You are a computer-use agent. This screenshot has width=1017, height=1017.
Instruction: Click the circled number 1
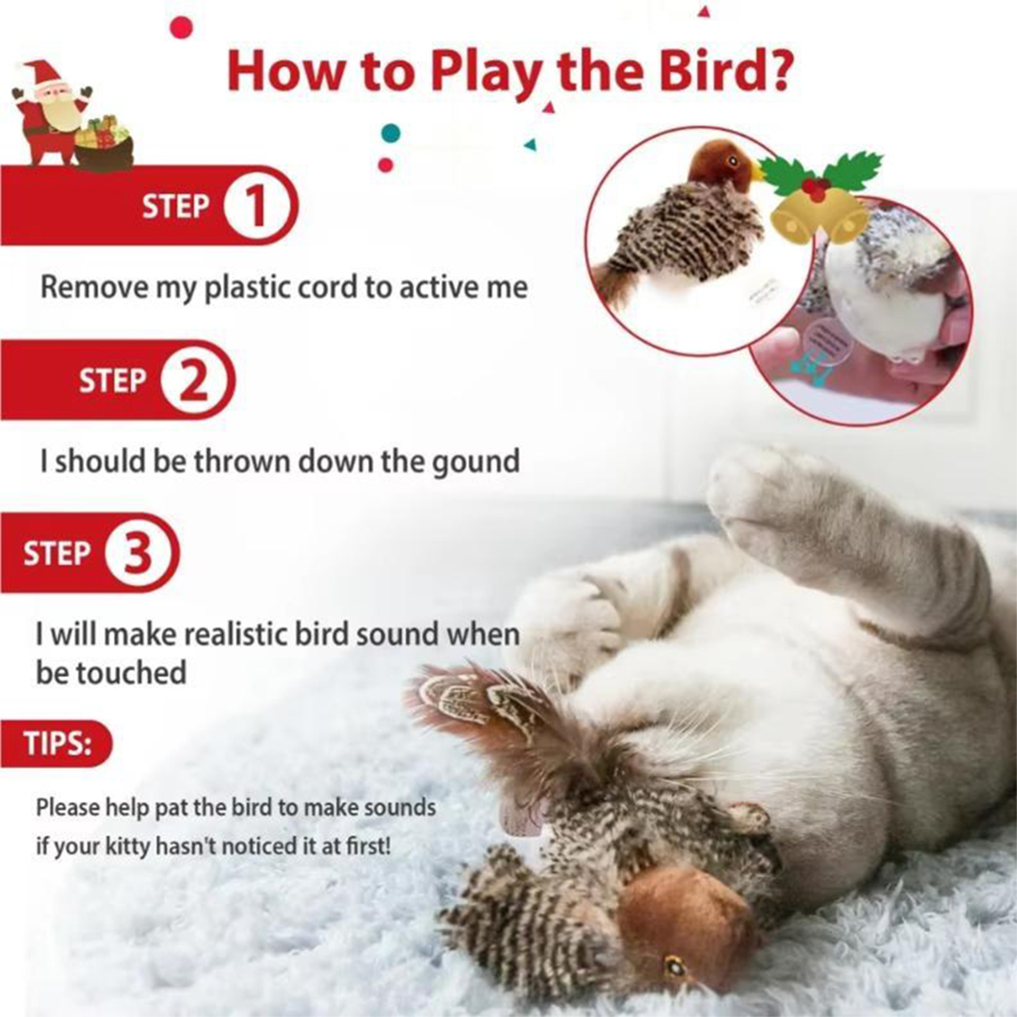click(258, 206)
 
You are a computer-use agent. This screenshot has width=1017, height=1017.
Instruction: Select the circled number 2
click(194, 380)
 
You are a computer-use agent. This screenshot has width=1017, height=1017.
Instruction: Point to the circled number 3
click(139, 553)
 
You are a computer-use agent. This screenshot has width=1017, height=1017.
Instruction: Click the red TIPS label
click(57, 743)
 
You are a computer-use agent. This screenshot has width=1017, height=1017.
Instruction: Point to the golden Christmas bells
click(820, 217)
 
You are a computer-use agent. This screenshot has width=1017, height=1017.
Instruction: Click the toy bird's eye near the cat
click(674, 968)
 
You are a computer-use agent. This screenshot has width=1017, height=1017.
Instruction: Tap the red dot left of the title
click(182, 28)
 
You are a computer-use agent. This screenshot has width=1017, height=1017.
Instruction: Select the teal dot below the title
click(390, 134)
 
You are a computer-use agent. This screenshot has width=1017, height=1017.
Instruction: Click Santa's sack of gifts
click(104, 144)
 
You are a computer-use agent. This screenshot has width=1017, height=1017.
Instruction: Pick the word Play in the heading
click(486, 72)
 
